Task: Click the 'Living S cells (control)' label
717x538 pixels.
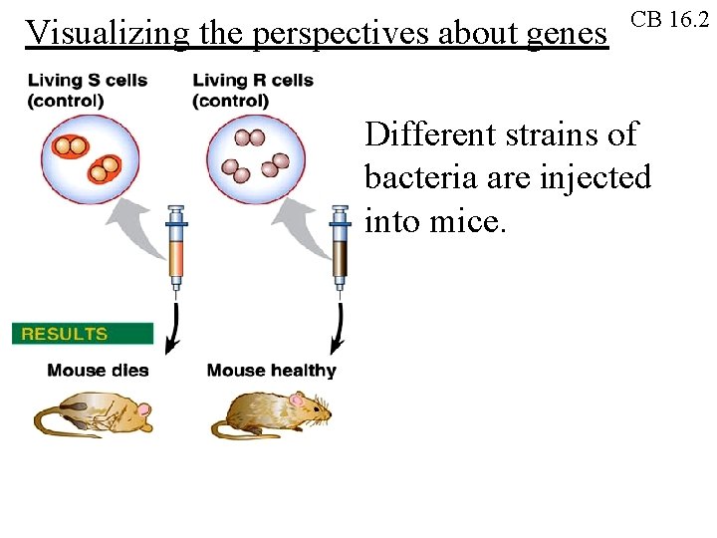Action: (x=87, y=90)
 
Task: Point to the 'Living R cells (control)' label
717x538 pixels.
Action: (x=253, y=90)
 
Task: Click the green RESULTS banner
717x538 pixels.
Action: (x=82, y=334)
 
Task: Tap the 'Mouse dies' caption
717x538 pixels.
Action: (x=98, y=371)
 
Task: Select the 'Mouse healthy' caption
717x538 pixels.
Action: (x=271, y=371)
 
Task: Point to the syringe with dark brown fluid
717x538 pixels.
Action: (x=341, y=249)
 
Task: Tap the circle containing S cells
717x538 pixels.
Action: (x=90, y=158)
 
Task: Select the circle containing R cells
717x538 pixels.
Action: (x=255, y=158)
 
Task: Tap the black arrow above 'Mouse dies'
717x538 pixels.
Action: (x=174, y=329)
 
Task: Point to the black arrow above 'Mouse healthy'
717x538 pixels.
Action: (x=339, y=329)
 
